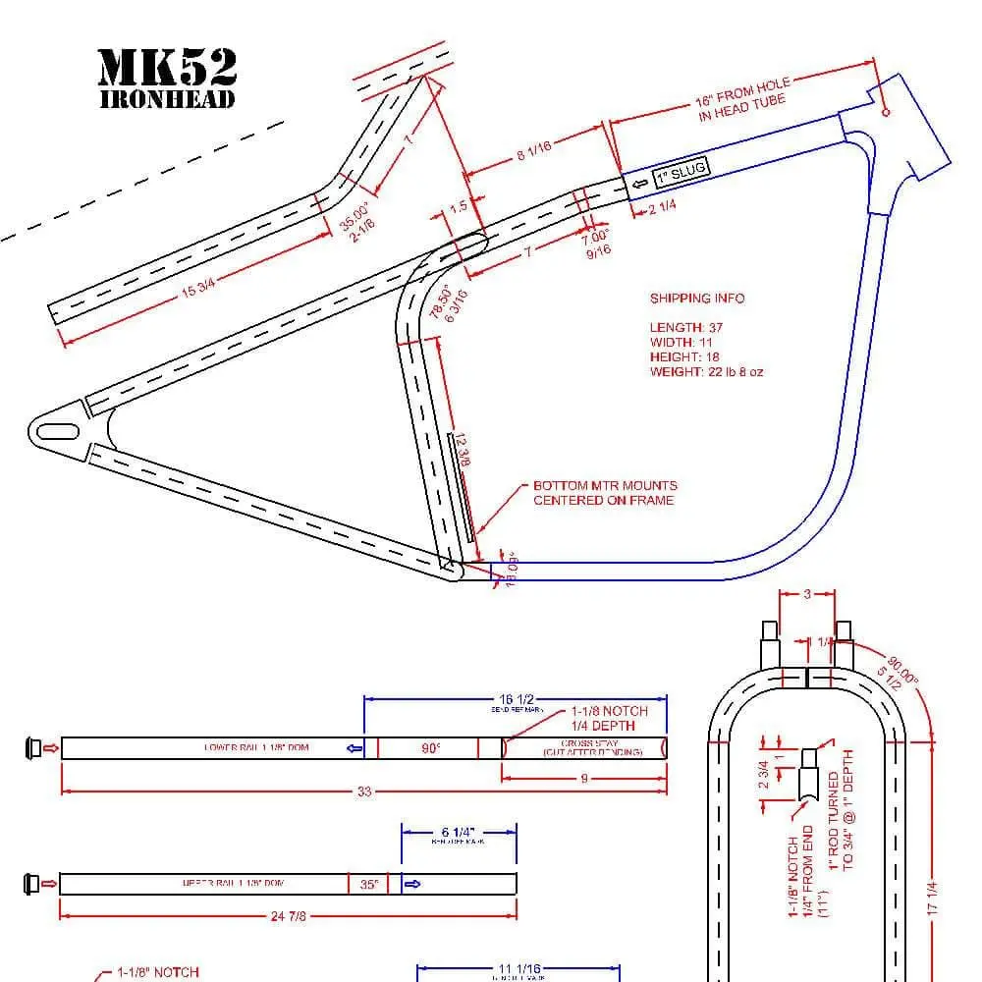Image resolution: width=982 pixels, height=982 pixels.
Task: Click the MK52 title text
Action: click(x=167, y=67)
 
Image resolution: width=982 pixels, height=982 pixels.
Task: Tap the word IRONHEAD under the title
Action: click(x=167, y=99)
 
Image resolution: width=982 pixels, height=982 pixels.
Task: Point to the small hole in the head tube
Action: click(x=887, y=113)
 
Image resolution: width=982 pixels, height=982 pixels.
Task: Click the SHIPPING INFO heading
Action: click(x=696, y=299)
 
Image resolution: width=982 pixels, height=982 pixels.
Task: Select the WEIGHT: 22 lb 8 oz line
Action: click(x=706, y=372)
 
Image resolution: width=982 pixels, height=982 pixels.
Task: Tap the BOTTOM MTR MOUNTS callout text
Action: click(x=604, y=493)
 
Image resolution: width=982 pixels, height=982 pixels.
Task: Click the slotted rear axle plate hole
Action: click(x=59, y=431)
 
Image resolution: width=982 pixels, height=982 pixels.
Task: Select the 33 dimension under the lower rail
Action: click(x=363, y=791)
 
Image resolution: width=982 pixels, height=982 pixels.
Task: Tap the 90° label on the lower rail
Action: click(x=430, y=748)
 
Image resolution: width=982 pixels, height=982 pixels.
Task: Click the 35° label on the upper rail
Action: click(x=368, y=884)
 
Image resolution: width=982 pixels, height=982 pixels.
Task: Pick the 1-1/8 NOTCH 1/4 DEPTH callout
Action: click(x=609, y=718)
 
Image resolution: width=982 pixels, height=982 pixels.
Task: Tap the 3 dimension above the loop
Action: click(x=806, y=594)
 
